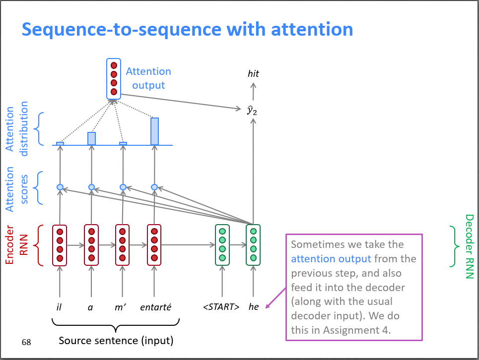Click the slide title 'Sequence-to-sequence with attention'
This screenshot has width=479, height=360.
point(187,30)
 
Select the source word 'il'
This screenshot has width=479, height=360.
point(60,307)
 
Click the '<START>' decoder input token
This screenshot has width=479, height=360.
point(221,307)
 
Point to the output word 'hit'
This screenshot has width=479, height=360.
point(253,74)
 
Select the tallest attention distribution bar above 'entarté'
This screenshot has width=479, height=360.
point(154,131)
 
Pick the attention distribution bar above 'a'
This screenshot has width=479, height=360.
point(91,138)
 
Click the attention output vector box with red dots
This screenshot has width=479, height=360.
point(114,78)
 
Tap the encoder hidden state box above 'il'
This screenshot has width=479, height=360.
point(60,245)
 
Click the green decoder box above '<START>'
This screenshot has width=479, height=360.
point(222,245)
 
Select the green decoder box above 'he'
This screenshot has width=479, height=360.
point(253,245)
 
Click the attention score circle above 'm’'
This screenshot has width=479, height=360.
point(123,187)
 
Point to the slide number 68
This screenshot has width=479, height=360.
point(26,342)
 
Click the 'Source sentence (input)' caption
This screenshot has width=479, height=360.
point(116,341)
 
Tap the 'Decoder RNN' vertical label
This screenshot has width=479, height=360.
point(469,246)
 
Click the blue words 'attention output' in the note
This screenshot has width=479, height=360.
point(331,259)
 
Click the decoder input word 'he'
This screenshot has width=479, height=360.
point(253,307)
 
